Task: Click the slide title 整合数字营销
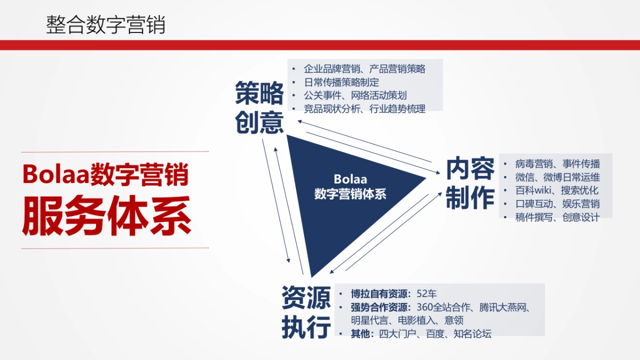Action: coord(106,25)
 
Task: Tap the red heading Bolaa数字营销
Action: coord(106,174)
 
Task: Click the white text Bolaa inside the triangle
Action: coord(350,179)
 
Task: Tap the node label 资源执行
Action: coord(306,311)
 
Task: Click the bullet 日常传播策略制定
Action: coord(341,82)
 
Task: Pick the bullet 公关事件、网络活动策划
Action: coord(355,95)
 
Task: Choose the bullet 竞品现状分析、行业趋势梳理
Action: coord(365,109)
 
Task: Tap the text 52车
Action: coord(427,294)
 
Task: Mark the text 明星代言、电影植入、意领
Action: coord(407,321)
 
